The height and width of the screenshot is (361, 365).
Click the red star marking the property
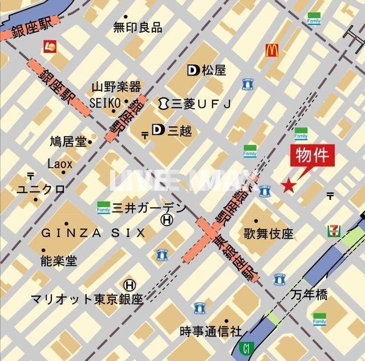(x=289, y=185)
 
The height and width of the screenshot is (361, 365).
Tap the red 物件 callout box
(x=312, y=155)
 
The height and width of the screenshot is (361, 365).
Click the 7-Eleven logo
(x=333, y=231)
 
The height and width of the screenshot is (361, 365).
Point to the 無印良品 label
(x=137, y=27)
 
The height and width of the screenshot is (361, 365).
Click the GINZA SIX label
(x=93, y=233)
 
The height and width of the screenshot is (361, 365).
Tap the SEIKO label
(x=105, y=102)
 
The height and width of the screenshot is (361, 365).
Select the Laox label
(x=60, y=164)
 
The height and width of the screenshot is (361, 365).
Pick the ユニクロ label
(x=40, y=189)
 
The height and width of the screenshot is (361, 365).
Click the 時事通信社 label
(x=210, y=331)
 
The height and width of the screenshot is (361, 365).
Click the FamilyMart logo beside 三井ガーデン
(x=103, y=207)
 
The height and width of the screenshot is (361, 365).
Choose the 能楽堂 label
(x=58, y=261)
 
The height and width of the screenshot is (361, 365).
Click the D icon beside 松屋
(x=193, y=70)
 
